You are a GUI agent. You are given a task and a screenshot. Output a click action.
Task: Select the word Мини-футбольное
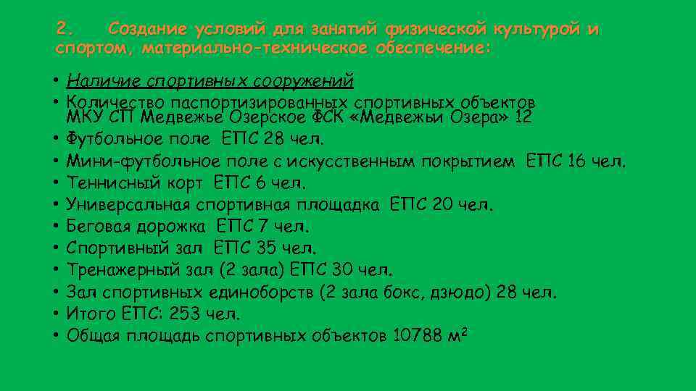pyautogui.click(x=128, y=160)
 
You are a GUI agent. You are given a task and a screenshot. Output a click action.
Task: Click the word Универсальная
pyautogui.click(x=120, y=205)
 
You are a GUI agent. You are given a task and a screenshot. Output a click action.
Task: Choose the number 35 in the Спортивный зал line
pyautogui.click(x=267, y=248)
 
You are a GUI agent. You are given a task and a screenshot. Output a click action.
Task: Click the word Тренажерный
pyautogui.click(x=112, y=271)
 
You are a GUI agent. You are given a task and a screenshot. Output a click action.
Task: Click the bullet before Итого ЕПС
pyautogui.click(x=56, y=314)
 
